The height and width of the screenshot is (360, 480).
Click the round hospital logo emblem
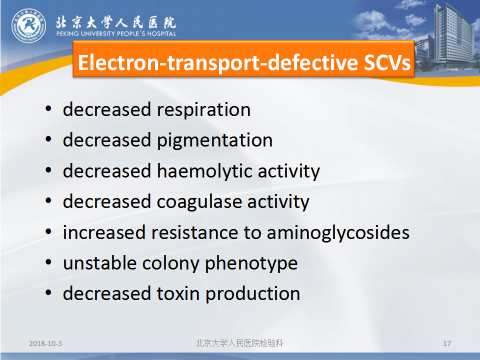pyautogui.click(x=29, y=25)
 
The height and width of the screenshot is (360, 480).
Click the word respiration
pyautogui.click(x=203, y=109)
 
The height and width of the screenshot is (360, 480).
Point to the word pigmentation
pyautogui.click(x=214, y=141)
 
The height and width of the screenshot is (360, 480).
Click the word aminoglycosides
pyautogui.click(x=338, y=233)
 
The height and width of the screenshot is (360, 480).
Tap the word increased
pyautogui.click(x=104, y=232)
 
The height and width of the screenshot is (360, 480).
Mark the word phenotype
pyautogui.click(x=251, y=264)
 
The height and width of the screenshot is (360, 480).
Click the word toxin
pyautogui.click(x=178, y=293)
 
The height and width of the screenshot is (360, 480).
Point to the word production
pyautogui.click(x=252, y=294)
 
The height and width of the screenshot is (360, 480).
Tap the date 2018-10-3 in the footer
pyautogui.click(x=45, y=343)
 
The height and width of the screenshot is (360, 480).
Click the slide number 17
pyautogui.click(x=447, y=343)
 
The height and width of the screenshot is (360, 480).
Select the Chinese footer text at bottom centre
pyautogui.click(x=239, y=343)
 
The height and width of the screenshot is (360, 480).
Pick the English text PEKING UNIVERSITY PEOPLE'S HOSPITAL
pyautogui.click(x=116, y=33)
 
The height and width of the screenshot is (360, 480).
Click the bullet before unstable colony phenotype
pyautogui.click(x=48, y=262)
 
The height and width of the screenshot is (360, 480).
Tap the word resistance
pyautogui.click(x=194, y=232)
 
